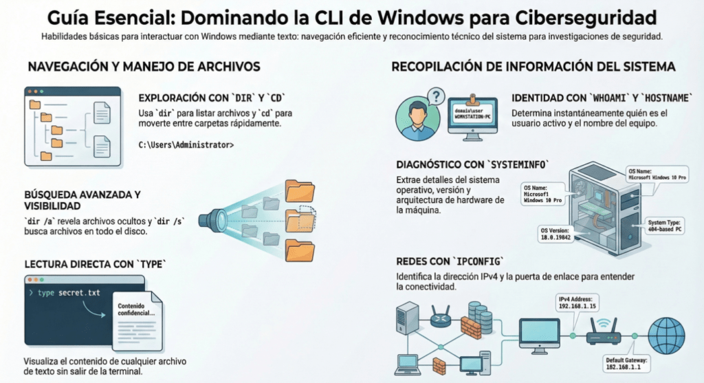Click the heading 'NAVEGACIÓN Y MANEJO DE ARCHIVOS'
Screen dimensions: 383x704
click(x=144, y=67)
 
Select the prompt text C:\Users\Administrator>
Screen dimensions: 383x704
click(x=186, y=145)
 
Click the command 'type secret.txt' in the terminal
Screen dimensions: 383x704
click(x=69, y=293)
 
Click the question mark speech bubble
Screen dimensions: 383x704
click(x=435, y=96)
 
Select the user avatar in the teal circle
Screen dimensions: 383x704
click(x=418, y=118)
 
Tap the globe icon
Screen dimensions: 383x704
click(x=666, y=335)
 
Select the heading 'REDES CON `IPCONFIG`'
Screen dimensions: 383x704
click(x=450, y=261)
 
